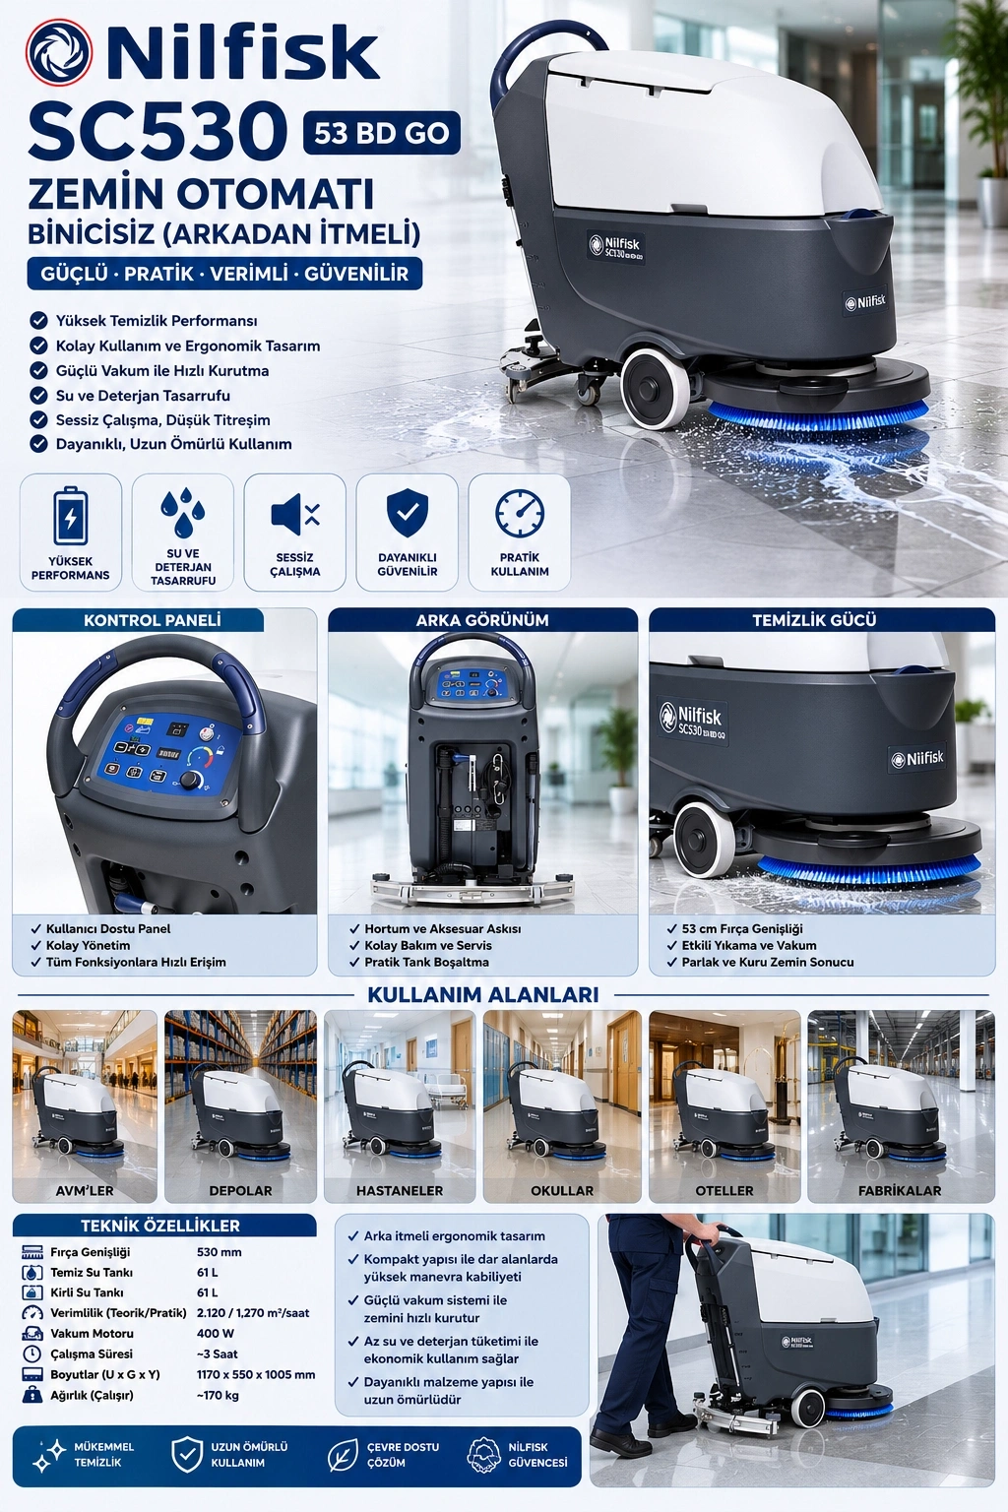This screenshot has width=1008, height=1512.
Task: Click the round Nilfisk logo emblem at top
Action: click(59, 52)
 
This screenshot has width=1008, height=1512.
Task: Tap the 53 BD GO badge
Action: click(382, 133)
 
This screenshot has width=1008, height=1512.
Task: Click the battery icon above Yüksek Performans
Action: click(70, 517)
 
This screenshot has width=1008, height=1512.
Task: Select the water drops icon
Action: click(182, 512)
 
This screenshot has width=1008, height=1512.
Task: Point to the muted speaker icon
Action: click(295, 515)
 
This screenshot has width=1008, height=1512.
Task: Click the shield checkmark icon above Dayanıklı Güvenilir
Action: click(408, 513)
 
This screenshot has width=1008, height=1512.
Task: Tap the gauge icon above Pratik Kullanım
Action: click(519, 514)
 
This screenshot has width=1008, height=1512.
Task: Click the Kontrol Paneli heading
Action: click(152, 620)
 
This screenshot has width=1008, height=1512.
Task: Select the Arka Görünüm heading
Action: click(482, 620)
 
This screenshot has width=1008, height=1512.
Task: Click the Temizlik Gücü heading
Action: click(814, 620)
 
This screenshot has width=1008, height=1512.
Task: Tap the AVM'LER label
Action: click(85, 1191)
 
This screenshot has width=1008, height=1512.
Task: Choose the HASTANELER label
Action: click(400, 1191)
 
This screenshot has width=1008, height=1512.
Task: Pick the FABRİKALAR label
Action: click(900, 1191)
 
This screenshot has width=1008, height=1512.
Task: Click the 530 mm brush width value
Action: click(219, 1252)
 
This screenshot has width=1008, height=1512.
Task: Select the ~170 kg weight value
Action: click(218, 1395)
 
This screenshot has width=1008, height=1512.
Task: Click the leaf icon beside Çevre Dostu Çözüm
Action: click(343, 1455)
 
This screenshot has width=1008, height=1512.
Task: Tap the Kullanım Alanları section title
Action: click(482, 994)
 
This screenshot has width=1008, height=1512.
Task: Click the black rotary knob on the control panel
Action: click(192, 780)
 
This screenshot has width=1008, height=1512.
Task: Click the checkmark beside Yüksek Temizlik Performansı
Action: click(39, 320)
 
